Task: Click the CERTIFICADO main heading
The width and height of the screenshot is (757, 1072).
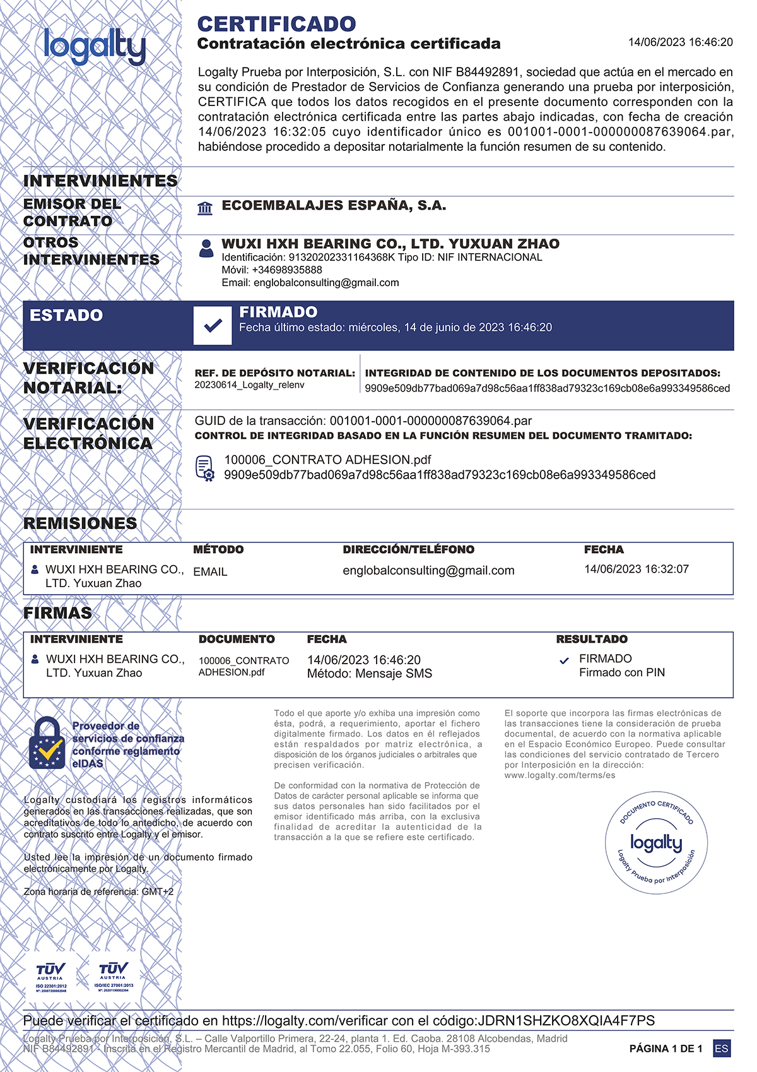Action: (x=276, y=24)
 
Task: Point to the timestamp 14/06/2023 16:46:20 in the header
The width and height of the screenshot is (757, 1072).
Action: (x=680, y=42)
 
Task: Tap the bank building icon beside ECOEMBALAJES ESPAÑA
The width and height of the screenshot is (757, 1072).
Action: (x=205, y=208)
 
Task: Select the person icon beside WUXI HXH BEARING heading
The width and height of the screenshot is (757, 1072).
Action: (x=206, y=248)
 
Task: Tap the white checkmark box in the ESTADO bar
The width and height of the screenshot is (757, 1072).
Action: (x=213, y=326)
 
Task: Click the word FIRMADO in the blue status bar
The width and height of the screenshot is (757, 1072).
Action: (x=278, y=312)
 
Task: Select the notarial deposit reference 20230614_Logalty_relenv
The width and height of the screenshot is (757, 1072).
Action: (x=249, y=385)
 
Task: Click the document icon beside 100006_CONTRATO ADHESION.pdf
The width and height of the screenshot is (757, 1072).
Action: (x=205, y=468)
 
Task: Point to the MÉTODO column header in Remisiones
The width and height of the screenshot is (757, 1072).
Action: (x=218, y=549)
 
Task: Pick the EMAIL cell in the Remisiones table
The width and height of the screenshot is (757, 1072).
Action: (x=210, y=571)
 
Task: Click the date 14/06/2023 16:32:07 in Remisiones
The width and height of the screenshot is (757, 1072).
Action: (x=636, y=569)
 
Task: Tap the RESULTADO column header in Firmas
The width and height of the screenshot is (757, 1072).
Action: (x=591, y=639)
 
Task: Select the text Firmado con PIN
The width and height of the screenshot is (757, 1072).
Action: (x=621, y=672)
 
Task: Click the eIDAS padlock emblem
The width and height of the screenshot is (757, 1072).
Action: (x=47, y=744)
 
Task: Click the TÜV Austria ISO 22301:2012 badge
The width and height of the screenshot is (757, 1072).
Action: (x=50, y=976)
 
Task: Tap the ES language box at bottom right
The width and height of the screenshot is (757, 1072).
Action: (x=721, y=1049)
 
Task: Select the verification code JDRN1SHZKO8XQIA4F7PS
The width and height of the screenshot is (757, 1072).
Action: (x=566, y=1020)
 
